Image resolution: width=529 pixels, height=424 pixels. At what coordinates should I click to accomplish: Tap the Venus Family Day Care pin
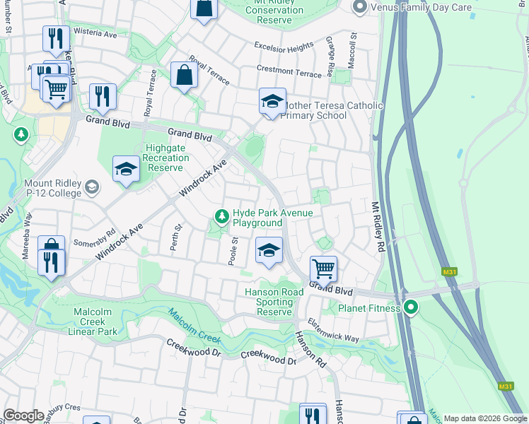point(359,7)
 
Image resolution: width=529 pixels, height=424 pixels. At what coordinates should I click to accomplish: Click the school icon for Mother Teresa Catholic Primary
point(272,102)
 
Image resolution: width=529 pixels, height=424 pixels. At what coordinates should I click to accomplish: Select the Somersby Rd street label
point(100,236)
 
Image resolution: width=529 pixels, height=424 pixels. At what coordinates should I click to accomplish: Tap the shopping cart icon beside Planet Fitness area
point(323,269)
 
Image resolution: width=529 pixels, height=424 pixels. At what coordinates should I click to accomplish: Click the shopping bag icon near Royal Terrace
point(184,76)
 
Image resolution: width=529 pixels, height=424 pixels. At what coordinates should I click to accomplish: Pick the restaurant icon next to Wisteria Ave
point(55,38)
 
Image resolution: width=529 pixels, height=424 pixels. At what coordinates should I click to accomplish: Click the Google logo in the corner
point(23,416)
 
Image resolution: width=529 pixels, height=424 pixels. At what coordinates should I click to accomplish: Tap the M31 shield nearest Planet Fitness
point(448,271)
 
